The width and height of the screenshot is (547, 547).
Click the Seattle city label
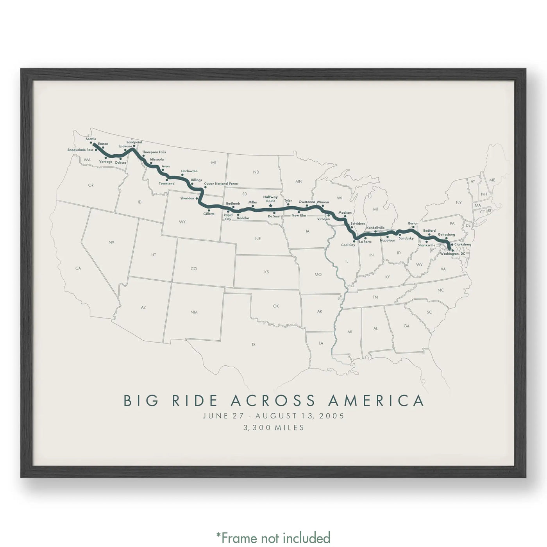[x=91, y=139]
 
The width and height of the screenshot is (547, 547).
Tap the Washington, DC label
[x=452, y=254]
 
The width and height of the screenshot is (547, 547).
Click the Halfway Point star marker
[x=270, y=206]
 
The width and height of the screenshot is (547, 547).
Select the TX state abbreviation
[x=253, y=345]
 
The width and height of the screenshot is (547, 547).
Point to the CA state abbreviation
[x=78, y=268]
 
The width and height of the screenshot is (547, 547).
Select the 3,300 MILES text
[x=273, y=428]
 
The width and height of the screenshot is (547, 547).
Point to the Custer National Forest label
[x=221, y=184]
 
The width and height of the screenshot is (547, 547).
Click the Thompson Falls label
[x=154, y=152]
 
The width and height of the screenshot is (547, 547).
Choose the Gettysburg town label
[x=446, y=234]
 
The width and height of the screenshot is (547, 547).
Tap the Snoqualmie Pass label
[x=80, y=150]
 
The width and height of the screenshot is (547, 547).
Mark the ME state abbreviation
[x=492, y=180]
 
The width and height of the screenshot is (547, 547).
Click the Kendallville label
[x=375, y=228]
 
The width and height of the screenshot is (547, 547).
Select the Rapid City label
[x=228, y=217]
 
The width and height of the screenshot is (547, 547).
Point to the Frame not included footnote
[x=273, y=537]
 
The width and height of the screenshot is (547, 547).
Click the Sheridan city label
[x=187, y=198]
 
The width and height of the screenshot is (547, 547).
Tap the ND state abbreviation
[x=256, y=172]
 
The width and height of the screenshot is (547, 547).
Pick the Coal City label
[x=348, y=245]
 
